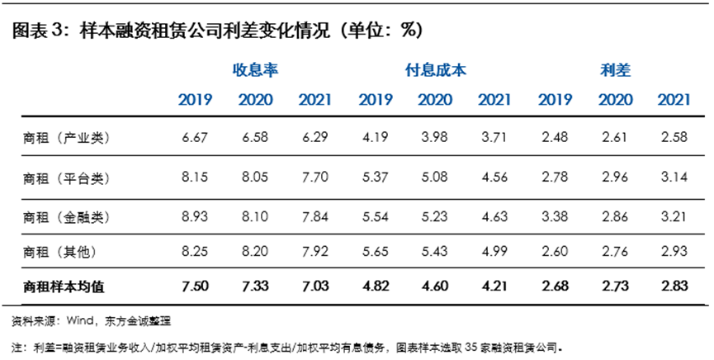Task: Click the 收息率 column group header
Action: tap(254, 70)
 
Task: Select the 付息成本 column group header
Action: tap(435, 70)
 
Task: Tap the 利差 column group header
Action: tap(615, 70)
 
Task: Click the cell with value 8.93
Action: tap(195, 217)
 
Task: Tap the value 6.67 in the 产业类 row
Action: tap(195, 138)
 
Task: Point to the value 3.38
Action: tap(555, 217)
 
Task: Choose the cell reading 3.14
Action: tap(674, 178)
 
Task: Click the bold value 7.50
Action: tap(195, 286)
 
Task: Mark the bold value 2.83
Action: tap(674, 286)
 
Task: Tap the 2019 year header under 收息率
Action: tap(195, 101)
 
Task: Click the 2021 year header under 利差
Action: tap(674, 101)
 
